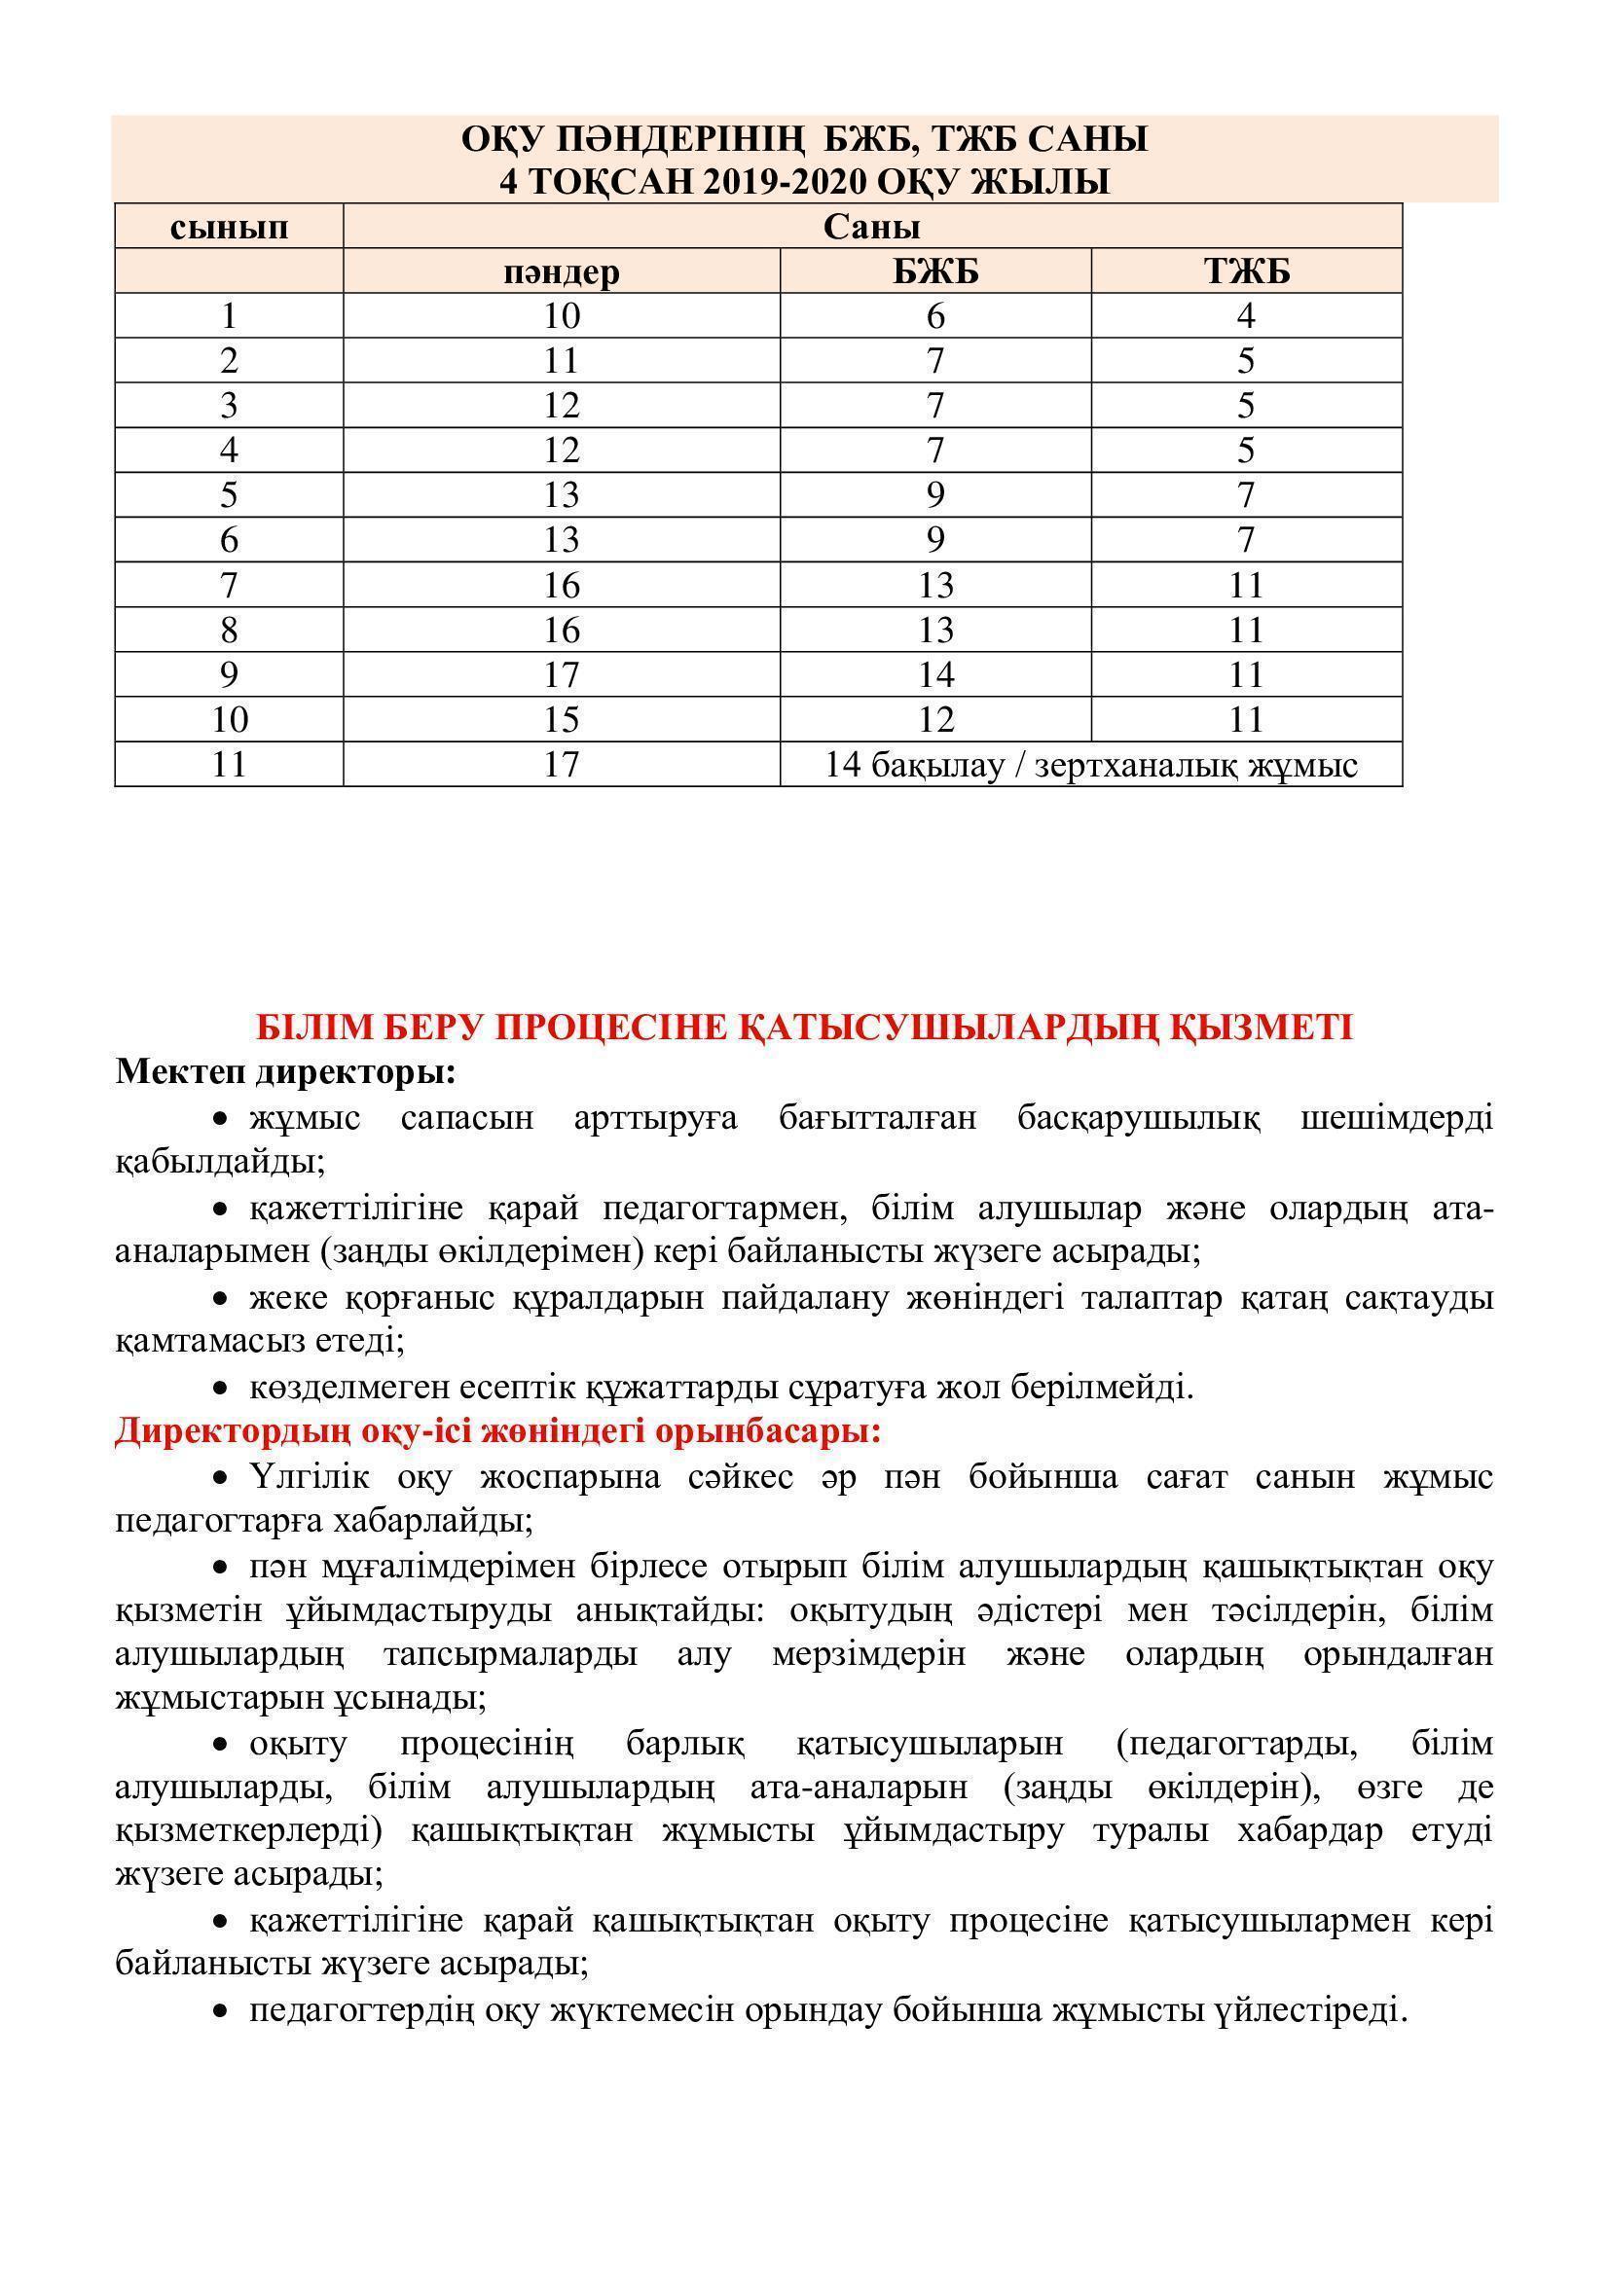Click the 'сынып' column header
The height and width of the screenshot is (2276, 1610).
229,227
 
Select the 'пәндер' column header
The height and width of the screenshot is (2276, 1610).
561,271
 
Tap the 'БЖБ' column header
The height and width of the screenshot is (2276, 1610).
934,271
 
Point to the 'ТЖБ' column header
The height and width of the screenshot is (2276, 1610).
1246,271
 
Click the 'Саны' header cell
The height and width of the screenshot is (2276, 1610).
871,227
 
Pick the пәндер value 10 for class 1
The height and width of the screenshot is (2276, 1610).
561,316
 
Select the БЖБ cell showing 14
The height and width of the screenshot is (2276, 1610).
934,675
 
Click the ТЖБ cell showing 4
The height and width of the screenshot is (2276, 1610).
1246,316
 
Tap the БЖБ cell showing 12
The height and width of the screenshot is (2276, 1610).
934,720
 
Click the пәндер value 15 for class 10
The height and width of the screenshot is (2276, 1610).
561,720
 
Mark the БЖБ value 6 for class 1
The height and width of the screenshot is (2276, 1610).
934,316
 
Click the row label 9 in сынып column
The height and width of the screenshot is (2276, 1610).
229,675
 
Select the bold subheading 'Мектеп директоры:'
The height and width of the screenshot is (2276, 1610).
286,1072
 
